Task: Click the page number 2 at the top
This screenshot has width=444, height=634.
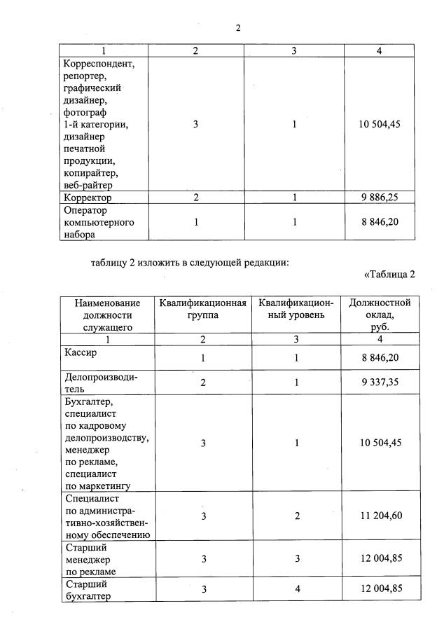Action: pos(238,28)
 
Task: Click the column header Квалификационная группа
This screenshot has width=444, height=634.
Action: pos(202,309)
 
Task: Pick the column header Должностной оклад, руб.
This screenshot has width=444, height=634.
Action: pos(380,315)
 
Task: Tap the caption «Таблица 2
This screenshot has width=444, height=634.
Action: pos(389,274)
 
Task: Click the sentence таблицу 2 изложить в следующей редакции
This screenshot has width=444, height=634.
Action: pos(190,263)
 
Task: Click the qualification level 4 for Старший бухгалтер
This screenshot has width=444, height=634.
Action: pos(297,589)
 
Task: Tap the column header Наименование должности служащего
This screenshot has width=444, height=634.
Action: pos(107,315)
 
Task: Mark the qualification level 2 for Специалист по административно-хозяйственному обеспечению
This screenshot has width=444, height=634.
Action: pos(297,516)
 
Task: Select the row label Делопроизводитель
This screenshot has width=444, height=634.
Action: pos(100,383)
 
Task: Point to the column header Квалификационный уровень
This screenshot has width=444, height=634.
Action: pos(296,309)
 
